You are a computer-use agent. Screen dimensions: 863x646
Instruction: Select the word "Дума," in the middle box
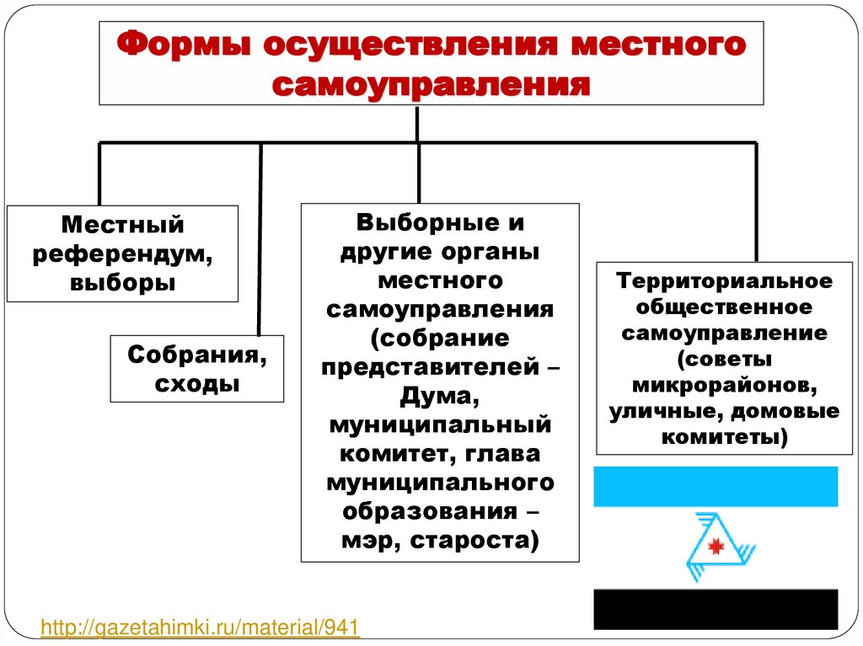[x=440, y=394]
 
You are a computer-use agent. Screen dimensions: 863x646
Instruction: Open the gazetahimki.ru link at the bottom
[x=201, y=627]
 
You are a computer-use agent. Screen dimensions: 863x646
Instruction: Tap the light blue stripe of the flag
[x=716, y=486]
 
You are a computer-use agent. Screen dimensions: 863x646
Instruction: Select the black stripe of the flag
[x=716, y=608]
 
